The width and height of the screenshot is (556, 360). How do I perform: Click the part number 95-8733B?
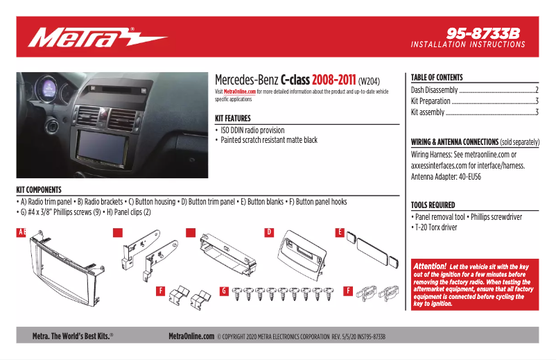click(483, 33)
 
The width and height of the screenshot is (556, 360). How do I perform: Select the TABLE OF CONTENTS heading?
click(437, 78)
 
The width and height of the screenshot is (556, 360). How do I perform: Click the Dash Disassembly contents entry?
click(434, 90)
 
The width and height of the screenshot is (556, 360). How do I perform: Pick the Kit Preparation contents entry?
click(431, 101)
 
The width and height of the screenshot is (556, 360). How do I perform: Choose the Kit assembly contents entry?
click(428, 112)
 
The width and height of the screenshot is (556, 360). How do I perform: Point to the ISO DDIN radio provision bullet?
click(252, 130)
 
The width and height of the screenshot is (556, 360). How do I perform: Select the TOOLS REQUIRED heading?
click(433, 205)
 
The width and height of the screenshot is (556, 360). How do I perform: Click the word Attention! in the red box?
click(430, 266)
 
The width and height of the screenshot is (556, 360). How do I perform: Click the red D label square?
click(269, 232)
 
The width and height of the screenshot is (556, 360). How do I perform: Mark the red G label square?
click(224, 290)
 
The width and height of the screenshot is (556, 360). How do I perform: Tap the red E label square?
click(340, 232)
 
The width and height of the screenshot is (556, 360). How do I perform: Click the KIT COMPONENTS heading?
click(39, 190)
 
